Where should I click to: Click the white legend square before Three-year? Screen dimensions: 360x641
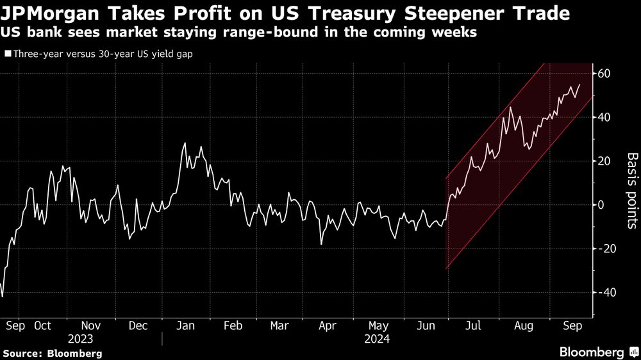[7, 54]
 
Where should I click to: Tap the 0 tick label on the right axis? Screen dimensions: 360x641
[602, 205]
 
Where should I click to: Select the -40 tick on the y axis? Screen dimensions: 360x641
[603, 292]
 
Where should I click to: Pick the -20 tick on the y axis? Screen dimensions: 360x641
[603, 249]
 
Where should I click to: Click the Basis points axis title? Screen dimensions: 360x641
[631, 190]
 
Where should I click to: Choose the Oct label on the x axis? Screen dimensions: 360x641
[42, 325]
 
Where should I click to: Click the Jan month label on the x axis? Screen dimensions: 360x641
[185, 325]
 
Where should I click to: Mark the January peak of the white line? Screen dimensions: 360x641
[185, 143]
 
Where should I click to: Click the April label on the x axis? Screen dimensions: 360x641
[328, 325]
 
